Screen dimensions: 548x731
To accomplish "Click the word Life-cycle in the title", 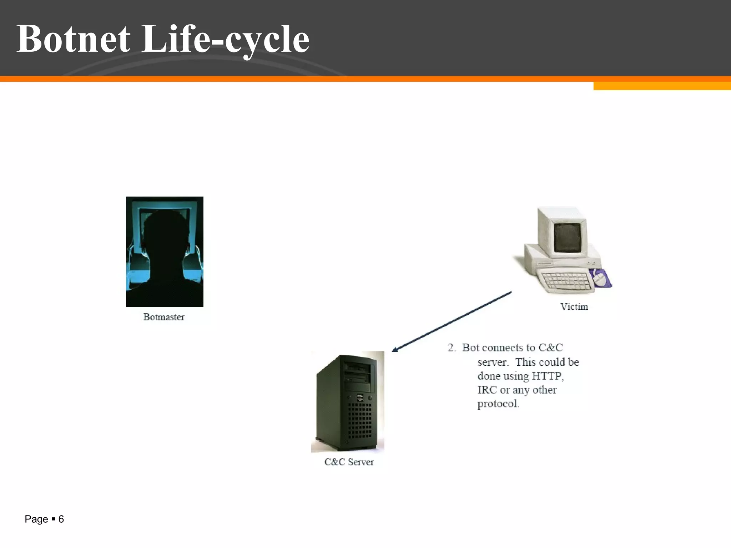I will coord(226,39).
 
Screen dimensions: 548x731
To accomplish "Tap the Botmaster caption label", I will coord(164,317).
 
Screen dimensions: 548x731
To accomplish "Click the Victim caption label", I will coord(574,306).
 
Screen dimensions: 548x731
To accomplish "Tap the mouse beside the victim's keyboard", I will coord(600,279).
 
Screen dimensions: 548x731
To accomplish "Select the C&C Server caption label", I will coord(349,462).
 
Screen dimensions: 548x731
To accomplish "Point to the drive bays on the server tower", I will coord(357,373).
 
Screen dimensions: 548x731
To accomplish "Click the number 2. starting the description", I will coord(452,347).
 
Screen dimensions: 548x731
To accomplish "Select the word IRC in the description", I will coord(487,390).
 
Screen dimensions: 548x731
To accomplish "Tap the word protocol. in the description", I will coord(498,404).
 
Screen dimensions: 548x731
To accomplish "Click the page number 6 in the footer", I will coord(61,519).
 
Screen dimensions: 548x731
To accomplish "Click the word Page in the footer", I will coord(36,519).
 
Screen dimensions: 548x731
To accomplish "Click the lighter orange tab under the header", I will coord(662,86).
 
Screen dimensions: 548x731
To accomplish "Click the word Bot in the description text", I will coord(470,347).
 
